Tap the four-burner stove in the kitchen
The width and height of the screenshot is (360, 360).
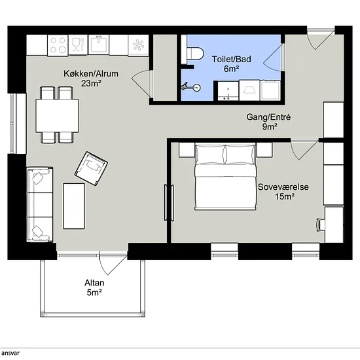click(58, 45)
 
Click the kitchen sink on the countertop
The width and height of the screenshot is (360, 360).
click(99, 44)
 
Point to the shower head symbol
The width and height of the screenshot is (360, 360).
click(191, 87)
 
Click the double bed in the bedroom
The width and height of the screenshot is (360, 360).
click(225, 177)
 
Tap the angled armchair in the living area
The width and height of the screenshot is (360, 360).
click(92, 168)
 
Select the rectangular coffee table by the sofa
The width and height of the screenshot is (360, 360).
click(74, 206)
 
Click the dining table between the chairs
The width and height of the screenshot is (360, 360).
click(57, 116)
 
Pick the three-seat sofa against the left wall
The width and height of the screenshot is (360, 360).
click(40, 205)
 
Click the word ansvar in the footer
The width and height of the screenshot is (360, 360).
click(10, 353)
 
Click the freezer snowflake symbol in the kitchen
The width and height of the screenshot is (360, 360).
click(138, 45)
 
